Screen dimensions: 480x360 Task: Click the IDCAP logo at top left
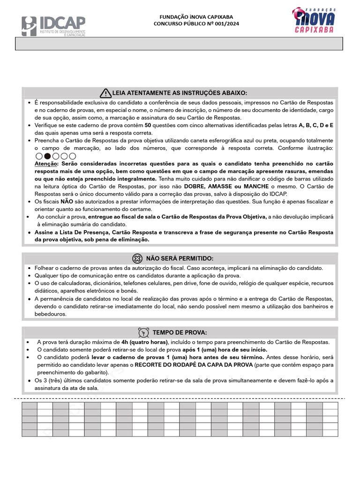pyautogui.click(x=53, y=26)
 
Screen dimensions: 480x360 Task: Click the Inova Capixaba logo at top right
pyautogui.click(x=314, y=21)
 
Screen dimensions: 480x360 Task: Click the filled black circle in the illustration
pyautogui.click(x=47, y=156)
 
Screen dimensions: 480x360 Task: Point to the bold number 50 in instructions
pyautogui.click(x=148, y=125)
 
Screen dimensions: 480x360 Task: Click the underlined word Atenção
pyautogui.click(x=45, y=164)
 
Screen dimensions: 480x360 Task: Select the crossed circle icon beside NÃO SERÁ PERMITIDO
pyautogui.click(x=137, y=258)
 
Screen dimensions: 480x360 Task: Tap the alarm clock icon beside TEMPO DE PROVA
pyautogui.click(x=144, y=332)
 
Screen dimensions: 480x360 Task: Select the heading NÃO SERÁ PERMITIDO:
pyautogui.click(x=180, y=258)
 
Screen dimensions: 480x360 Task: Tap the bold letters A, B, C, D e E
pyautogui.click(x=316, y=125)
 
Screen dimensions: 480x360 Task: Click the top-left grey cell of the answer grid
pyautogui.click(x=30, y=406)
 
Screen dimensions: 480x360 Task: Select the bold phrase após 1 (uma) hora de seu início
pyautogui.click(x=225, y=350)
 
